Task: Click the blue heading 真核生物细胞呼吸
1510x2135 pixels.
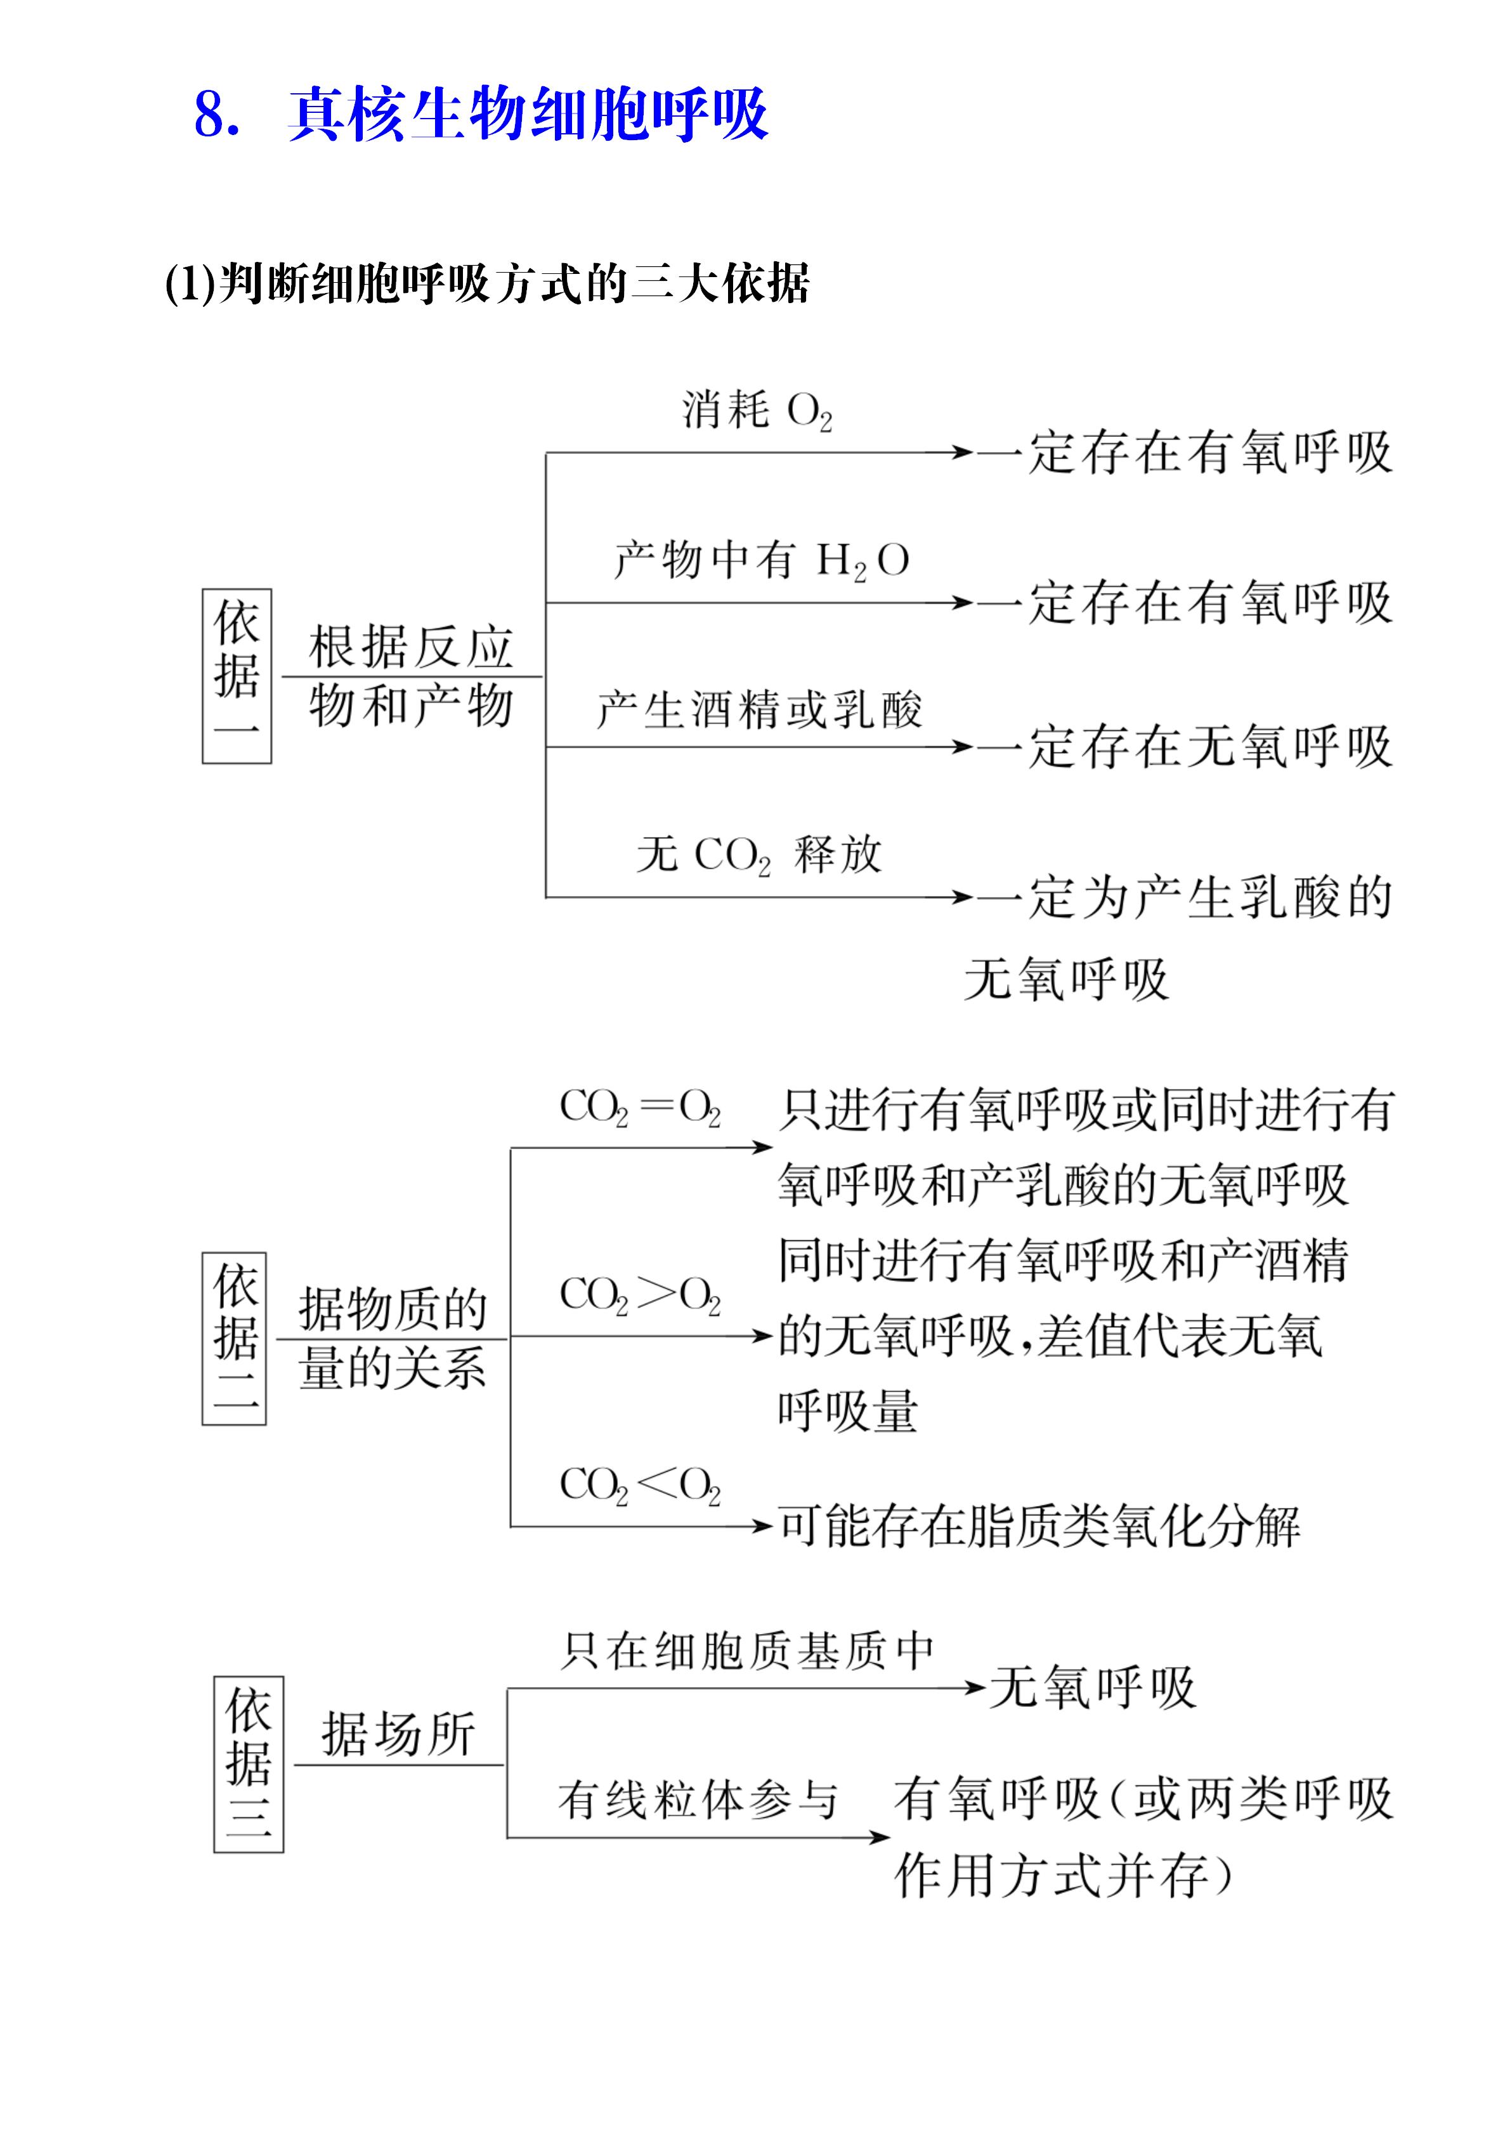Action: (x=528, y=115)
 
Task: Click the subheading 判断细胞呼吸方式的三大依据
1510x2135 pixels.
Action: (x=514, y=283)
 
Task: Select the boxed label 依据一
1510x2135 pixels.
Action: (x=237, y=676)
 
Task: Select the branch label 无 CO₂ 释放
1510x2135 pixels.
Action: (x=758, y=855)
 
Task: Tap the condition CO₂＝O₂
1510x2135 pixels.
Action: (x=640, y=1108)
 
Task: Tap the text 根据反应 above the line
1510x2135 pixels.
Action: (x=411, y=647)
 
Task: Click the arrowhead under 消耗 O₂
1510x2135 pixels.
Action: (x=961, y=453)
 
